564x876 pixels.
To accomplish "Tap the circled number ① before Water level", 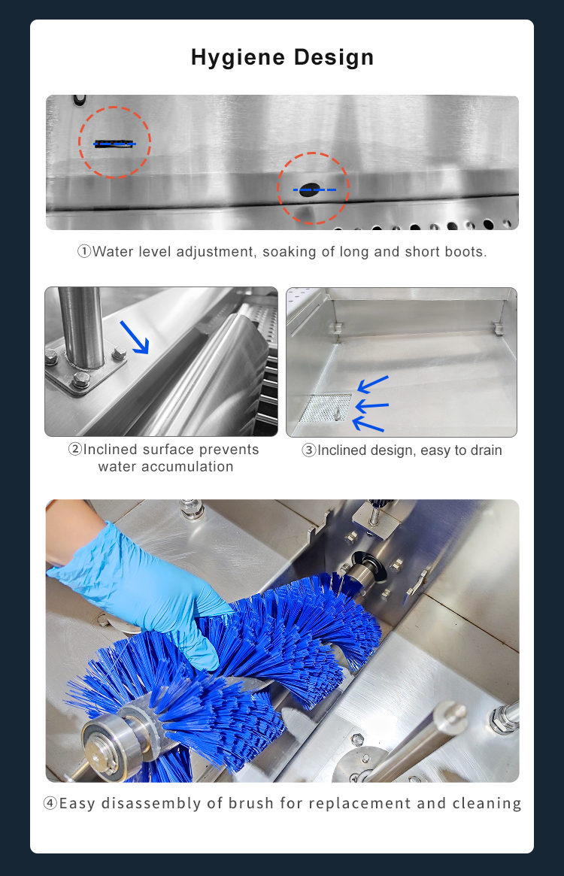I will click(84, 252).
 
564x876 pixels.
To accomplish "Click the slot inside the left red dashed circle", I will click(114, 143).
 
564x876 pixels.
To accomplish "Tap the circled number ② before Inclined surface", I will click(75, 450).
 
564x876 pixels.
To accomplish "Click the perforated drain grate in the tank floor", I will click(326, 407).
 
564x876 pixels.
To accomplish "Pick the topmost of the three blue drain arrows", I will click(372, 384).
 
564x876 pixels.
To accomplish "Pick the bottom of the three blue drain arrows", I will click(368, 426).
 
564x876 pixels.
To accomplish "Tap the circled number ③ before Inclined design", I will click(309, 450).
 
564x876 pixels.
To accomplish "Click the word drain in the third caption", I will click(485, 450).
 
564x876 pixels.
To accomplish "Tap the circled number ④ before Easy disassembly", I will click(50, 803).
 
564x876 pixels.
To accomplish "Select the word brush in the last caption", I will click(256, 803).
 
